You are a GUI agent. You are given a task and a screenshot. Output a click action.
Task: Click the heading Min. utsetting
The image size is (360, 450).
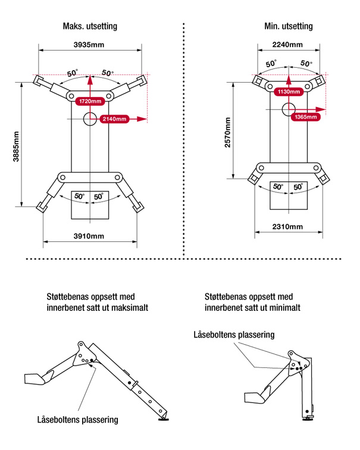pyautogui.click(x=288, y=27)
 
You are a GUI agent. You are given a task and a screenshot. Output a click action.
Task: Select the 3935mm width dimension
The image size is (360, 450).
pyautogui.click(x=90, y=45)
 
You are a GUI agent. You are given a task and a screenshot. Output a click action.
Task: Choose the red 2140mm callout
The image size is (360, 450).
pyautogui.click(x=115, y=119)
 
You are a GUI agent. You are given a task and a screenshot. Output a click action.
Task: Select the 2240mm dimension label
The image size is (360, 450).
pyautogui.click(x=287, y=45)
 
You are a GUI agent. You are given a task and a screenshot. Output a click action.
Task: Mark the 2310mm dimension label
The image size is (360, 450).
pyautogui.click(x=287, y=226)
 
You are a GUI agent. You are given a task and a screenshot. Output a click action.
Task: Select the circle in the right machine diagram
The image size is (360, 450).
pyautogui.click(x=289, y=109)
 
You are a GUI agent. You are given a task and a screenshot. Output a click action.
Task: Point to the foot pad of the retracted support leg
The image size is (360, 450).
pyautogui.click(x=308, y=418)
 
